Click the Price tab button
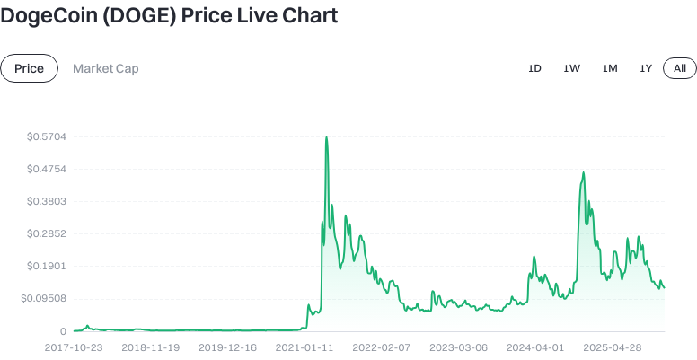(30, 68)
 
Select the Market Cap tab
(106, 68)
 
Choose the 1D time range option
(534, 68)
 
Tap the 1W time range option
(571, 68)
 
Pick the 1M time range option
(610, 68)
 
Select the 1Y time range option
(646, 68)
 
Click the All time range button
(680, 68)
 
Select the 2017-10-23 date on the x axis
(75, 347)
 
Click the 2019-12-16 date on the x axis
(227, 347)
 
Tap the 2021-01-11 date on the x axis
(304, 347)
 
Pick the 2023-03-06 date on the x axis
(458, 347)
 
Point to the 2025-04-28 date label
(612, 347)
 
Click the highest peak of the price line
(326, 136)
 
